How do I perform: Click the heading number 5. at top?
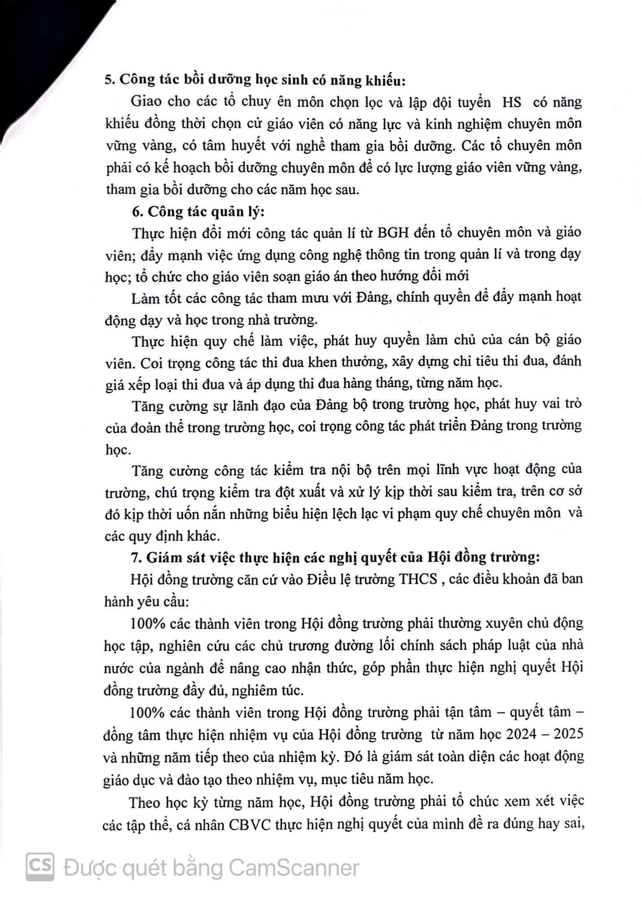[x=109, y=81]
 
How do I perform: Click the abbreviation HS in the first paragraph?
[x=512, y=102]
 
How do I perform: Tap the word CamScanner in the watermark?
[x=294, y=868]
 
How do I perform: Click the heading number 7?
[x=136, y=557]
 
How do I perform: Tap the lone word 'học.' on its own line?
[x=117, y=449]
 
